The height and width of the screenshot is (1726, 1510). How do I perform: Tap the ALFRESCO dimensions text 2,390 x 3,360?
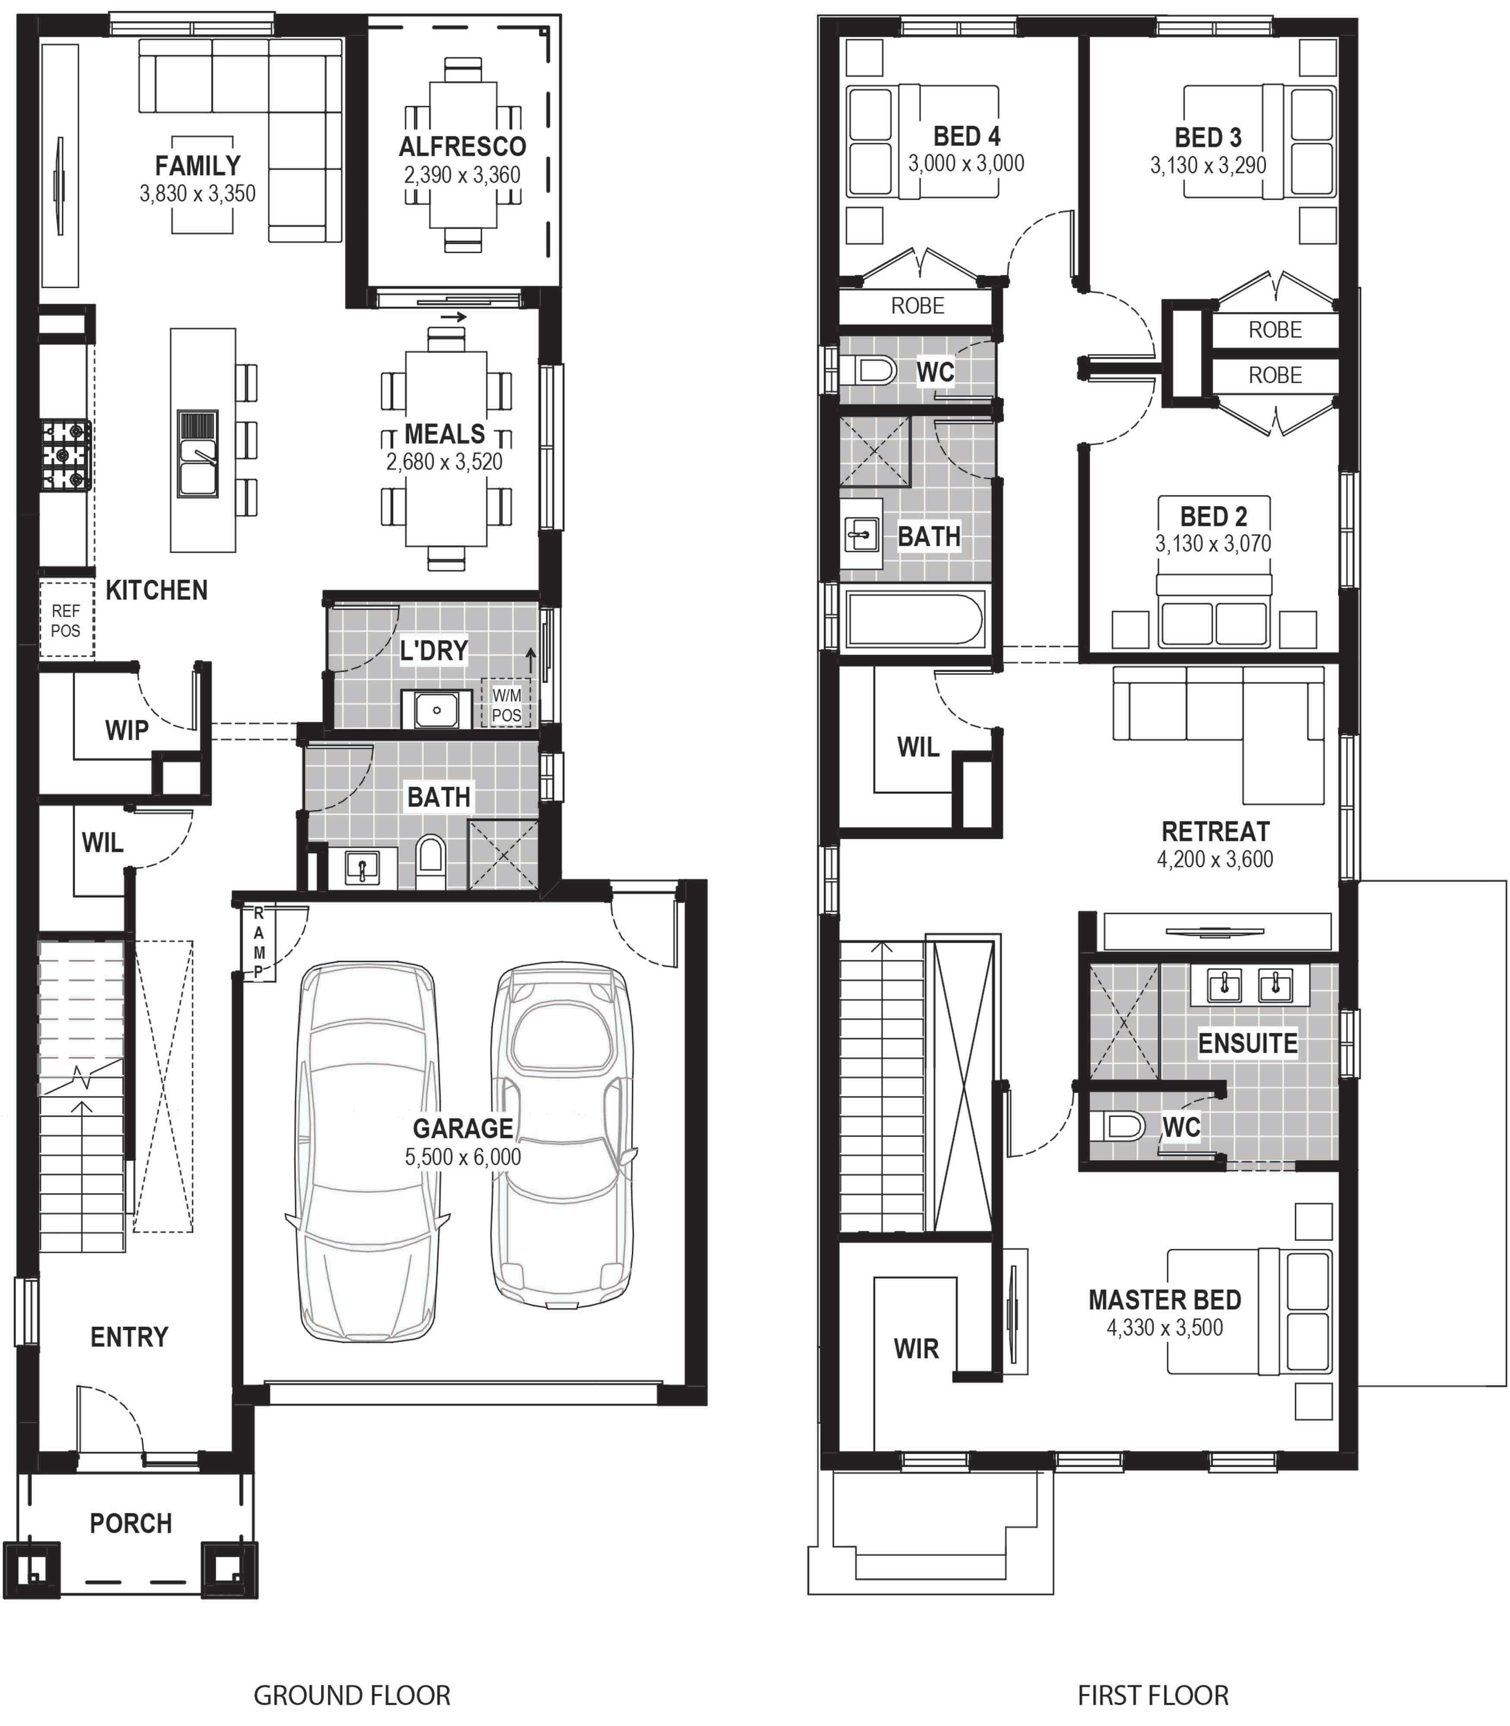(462, 175)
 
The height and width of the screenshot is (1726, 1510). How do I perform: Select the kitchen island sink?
(197, 454)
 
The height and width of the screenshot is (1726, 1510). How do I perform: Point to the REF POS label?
(66, 620)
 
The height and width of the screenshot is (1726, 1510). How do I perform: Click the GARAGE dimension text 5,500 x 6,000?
(462, 1157)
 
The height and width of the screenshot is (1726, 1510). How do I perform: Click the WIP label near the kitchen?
(126, 730)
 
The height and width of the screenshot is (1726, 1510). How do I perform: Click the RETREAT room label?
(1215, 832)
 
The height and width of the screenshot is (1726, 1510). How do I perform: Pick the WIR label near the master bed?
(916, 1348)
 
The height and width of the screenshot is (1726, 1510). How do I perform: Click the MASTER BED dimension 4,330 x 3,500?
(1164, 1328)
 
